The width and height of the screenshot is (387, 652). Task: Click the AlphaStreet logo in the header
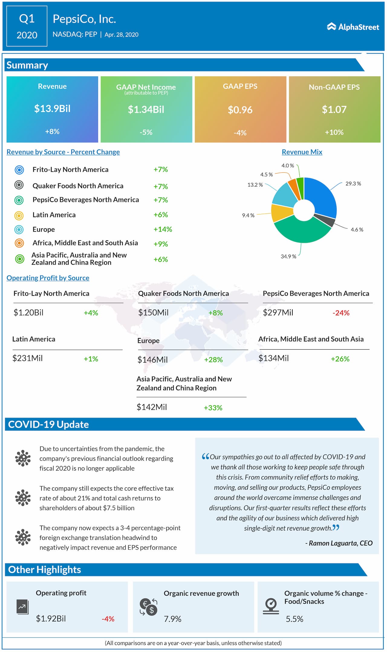click(353, 27)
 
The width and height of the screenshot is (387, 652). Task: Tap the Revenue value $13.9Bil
click(52, 109)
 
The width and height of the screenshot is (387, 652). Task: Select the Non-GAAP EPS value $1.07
click(334, 109)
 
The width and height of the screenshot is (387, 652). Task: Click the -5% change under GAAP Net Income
click(146, 132)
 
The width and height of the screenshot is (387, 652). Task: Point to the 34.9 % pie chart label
click(288, 256)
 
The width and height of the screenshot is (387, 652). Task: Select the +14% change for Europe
click(163, 229)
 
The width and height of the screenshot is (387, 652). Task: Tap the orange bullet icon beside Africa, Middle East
click(19, 243)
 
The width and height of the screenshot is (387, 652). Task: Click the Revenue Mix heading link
click(302, 152)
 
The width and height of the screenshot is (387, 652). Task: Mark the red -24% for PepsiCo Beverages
click(341, 313)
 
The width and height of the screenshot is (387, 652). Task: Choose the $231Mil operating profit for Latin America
click(28, 358)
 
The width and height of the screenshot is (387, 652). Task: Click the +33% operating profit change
click(213, 408)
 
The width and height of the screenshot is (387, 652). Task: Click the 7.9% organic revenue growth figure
click(172, 619)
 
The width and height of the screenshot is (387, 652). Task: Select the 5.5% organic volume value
click(294, 619)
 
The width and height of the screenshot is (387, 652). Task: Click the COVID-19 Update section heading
click(48, 425)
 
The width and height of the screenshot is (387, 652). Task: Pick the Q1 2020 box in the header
click(27, 26)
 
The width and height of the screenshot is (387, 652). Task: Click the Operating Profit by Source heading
click(48, 278)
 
